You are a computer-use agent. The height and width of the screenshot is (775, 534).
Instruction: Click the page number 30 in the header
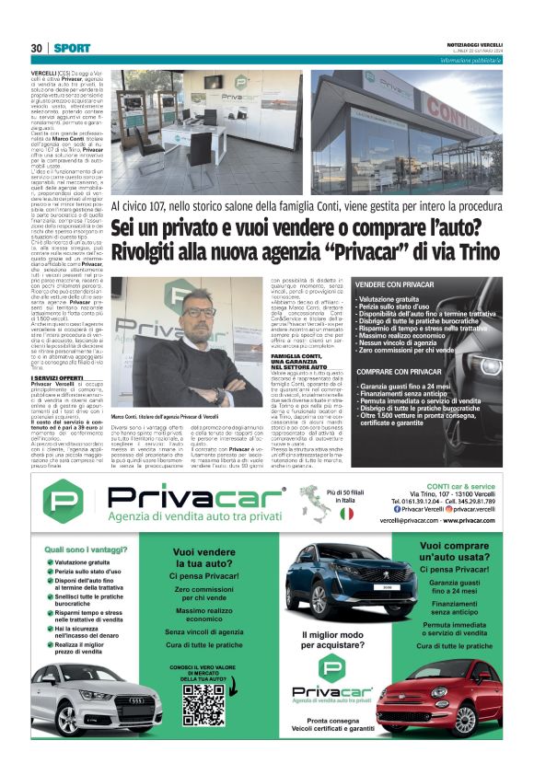click(36, 47)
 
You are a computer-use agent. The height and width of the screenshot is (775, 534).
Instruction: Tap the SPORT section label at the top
click(72, 47)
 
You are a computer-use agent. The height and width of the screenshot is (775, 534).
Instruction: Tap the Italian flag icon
click(346, 513)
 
